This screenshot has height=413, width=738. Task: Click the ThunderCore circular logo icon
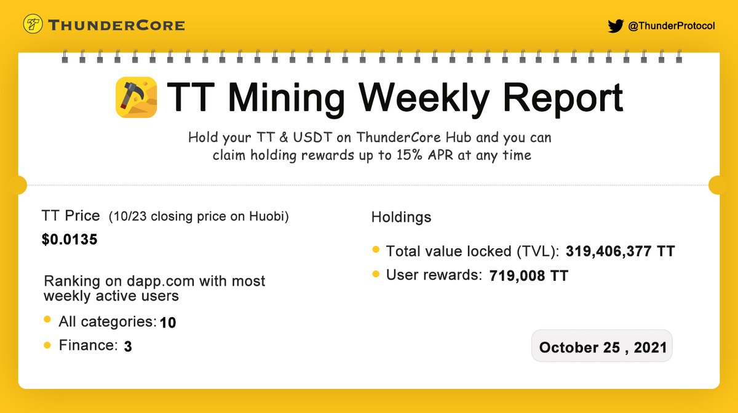32,25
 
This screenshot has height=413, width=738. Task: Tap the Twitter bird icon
615,26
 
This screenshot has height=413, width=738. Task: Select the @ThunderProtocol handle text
671,26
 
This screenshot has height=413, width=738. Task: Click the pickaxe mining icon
136,98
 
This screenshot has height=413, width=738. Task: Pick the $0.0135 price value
69,240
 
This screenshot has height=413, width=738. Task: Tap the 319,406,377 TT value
621,251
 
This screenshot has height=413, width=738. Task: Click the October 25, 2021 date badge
602,347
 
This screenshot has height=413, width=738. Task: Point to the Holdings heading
401,218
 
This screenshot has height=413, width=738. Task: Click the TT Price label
71,216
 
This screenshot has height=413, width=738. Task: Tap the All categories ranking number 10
168,323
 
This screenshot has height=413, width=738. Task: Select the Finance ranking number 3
128,347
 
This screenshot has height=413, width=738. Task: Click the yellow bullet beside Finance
47,345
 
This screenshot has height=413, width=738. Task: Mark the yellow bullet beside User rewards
376,274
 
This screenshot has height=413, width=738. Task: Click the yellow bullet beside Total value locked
376,250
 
